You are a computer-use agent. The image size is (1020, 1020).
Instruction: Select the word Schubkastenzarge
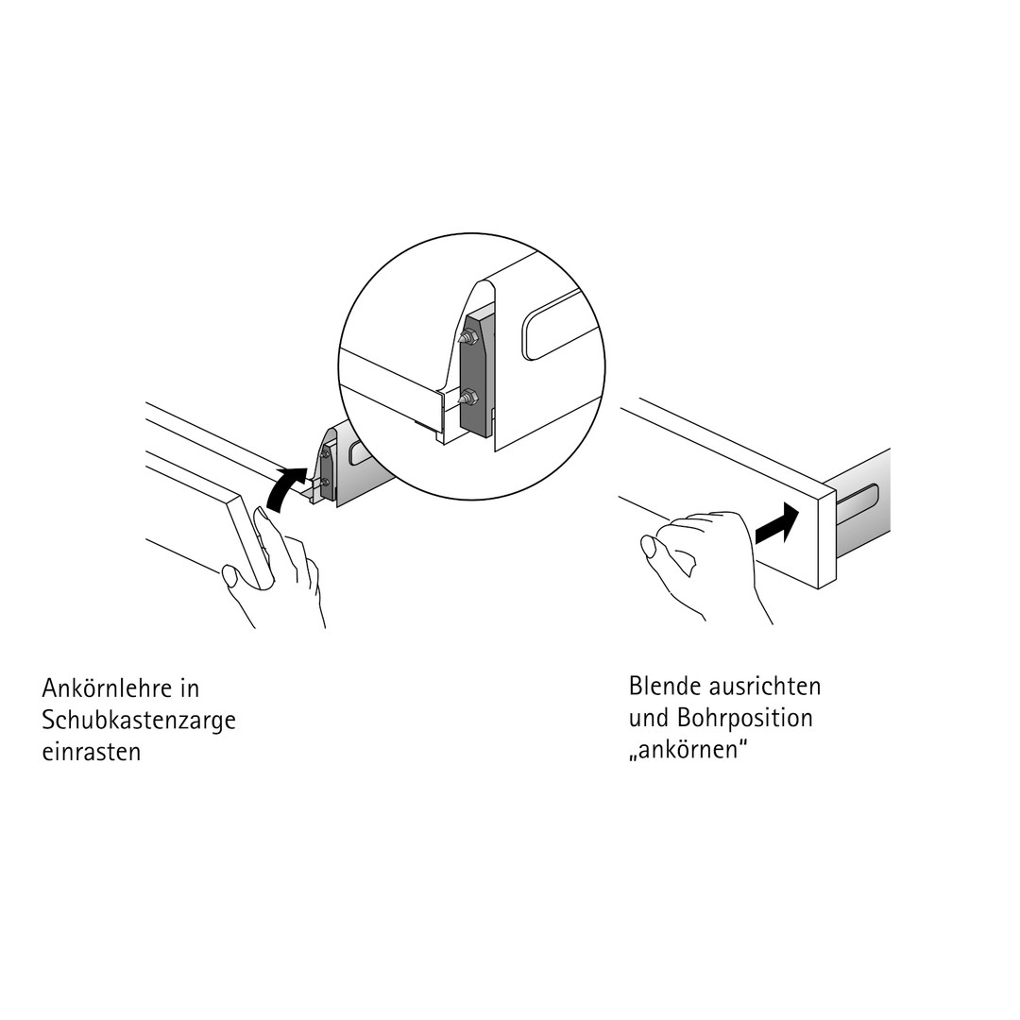[139, 720]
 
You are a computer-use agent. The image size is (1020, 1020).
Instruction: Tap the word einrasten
[92, 752]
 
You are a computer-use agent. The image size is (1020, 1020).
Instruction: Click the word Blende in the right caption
[662, 685]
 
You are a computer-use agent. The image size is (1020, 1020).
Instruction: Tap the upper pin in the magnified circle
[467, 336]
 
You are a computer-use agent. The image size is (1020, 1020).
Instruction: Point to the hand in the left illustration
[279, 567]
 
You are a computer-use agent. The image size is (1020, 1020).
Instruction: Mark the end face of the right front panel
[826, 537]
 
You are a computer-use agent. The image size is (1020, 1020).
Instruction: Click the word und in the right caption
[648, 718]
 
